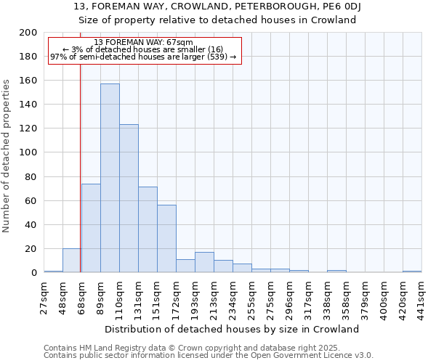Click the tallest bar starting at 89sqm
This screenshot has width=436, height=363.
point(110,179)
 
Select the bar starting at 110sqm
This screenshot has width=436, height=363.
point(129,198)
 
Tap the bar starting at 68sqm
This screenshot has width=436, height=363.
point(91,228)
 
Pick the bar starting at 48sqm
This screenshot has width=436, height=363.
point(71,260)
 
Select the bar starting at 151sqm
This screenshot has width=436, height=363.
point(166,239)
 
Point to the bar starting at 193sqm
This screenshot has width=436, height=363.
point(204,262)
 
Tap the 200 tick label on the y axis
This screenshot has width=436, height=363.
point(28,33)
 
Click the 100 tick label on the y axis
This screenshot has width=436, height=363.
point(28,152)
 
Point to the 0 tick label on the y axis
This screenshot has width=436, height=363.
point(34,272)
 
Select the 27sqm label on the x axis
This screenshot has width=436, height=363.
point(44,296)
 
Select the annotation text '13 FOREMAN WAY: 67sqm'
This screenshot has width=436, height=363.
point(143,43)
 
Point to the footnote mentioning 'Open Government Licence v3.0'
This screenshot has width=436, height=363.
point(209,356)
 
